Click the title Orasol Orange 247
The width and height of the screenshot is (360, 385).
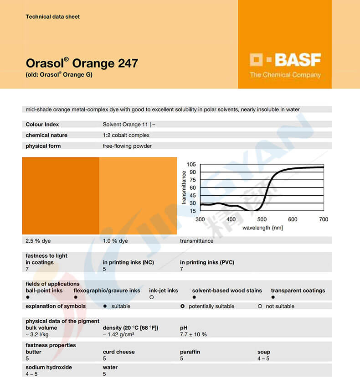click(x=82, y=63)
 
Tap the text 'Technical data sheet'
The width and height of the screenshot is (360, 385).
click(x=52, y=17)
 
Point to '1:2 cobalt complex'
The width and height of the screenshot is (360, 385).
click(x=126, y=135)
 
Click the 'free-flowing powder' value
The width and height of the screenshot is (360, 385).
click(x=127, y=146)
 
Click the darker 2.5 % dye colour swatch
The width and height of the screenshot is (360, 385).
click(x=61, y=196)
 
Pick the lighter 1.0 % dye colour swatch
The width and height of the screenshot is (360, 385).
click(x=138, y=196)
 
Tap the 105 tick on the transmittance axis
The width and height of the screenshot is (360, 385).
click(x=191, y=164)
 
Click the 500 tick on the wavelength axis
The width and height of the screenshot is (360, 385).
click(x=262, y=219)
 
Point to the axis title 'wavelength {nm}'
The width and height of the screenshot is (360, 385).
click(x=262, y=228)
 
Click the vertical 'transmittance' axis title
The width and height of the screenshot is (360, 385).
click(x=184, y=187)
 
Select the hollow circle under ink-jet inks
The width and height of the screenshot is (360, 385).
click(x=151, y=297)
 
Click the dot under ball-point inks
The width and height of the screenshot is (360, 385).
click(x=28, y=297)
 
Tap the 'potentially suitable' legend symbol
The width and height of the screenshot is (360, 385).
click(x=182, y=307)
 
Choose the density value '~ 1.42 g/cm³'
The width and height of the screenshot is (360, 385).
click(x=118, y=334)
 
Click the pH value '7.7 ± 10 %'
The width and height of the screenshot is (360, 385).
click(x=193, y=334)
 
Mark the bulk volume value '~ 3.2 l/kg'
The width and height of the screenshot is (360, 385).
click(x=38, y=334)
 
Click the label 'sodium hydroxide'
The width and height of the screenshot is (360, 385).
click(x=49, y=367)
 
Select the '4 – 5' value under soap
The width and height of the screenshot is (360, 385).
click(x=263, y=359)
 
